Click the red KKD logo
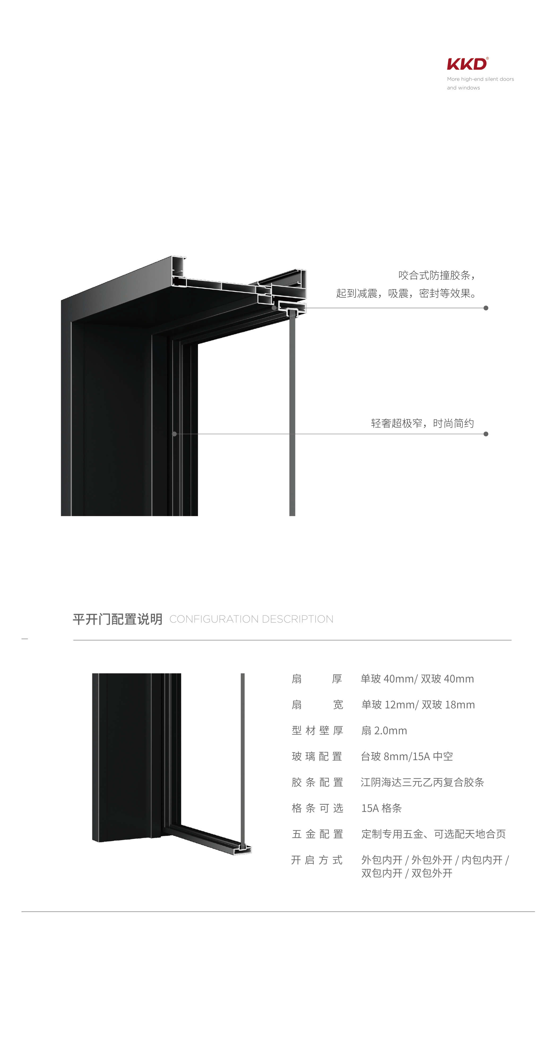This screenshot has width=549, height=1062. pos(467,64)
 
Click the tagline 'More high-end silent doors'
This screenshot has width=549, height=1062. pos(480,79)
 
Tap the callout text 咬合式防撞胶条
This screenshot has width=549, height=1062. pos(434,275)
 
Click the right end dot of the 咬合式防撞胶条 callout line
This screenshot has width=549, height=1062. pos(486,308)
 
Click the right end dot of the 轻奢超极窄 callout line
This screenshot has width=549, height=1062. pos(486,434)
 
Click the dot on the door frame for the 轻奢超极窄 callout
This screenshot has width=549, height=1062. pos(174,434)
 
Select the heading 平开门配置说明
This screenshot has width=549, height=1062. pos(118,619)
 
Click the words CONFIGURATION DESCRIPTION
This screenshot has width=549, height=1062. pos(252,619)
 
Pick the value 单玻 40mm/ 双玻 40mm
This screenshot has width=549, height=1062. pos(417,679)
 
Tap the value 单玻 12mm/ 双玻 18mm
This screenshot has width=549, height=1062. pos(418,705)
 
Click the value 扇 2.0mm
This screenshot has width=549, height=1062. pos(384,731)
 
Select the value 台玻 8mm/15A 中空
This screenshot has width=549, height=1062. pos(407,756)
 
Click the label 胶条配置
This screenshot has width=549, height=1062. pos(317,782)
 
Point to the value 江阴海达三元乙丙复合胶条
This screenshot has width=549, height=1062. pos(422,782)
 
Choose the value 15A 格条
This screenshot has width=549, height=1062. pos(381,808)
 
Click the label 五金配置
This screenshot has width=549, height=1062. pos(317,834)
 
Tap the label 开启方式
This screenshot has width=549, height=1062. pos(317,860)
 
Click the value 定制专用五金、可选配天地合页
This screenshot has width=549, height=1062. pos(434,834)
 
